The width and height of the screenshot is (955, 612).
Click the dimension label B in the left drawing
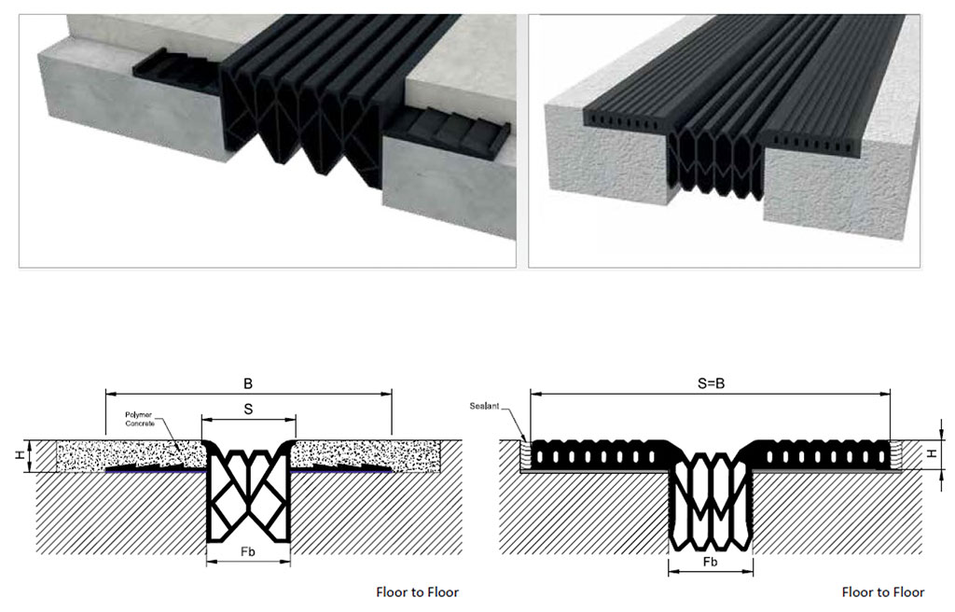click(248, 383)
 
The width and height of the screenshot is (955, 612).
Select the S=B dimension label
click(711, 383)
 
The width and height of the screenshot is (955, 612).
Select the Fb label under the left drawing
click(248, 550)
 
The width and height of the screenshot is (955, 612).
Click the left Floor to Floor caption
click(417, 591)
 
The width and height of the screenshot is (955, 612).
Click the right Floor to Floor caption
click(882, 591)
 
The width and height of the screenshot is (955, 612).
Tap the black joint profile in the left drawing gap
click(248, 494)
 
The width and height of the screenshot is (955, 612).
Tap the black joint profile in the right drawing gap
click(711, 504)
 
